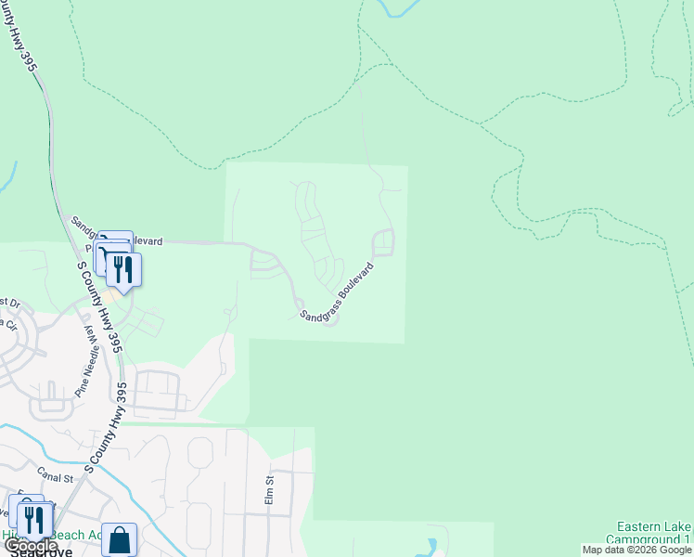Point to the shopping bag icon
[119, 539]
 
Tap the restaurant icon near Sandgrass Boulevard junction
[123, 269]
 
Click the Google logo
[31, 547]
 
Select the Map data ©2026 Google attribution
[636, 550]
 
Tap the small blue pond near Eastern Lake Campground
[431, 545]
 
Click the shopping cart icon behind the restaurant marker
[109, 251]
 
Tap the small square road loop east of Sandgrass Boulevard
[382, 243]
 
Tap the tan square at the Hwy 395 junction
[109, 294]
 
